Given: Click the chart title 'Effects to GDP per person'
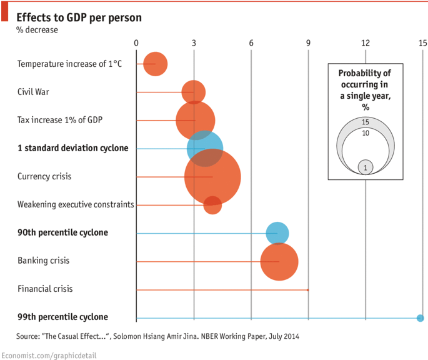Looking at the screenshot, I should (79, 17).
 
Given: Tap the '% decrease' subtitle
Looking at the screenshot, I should (37, 30).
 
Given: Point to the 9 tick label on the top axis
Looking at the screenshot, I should (308, 43).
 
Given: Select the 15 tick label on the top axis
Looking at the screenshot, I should (422, 43).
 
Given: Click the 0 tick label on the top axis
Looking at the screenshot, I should (136, 43).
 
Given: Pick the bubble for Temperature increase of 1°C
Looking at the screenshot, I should (155, 64).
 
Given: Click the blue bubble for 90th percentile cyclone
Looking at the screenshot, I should (277, 233).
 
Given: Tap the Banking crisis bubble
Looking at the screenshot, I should (279, 261).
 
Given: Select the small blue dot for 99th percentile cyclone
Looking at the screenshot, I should (420, 318).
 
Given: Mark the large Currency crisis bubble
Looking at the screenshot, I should (212, 177).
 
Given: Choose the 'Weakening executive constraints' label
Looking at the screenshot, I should (76, 204).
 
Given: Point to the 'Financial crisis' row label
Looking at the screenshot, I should (45, 289).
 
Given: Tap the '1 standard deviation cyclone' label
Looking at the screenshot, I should (73, 148).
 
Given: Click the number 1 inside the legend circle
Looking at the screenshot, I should (366, 167).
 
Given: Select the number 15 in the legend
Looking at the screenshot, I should (366, 122).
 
